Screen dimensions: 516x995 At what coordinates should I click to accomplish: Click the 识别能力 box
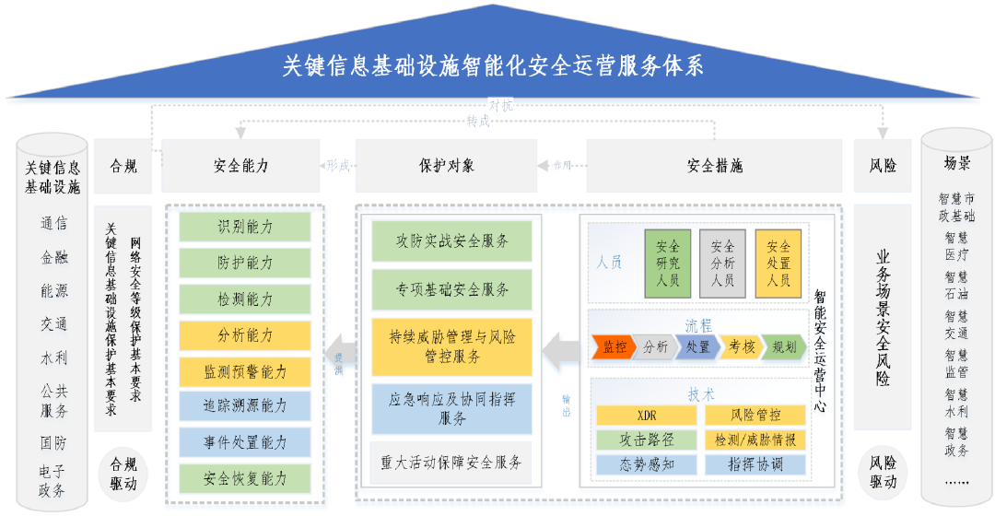245,227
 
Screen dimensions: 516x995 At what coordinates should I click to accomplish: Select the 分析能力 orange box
245,335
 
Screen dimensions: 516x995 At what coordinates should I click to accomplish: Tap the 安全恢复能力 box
245,479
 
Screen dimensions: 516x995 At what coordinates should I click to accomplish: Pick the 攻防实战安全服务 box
451,241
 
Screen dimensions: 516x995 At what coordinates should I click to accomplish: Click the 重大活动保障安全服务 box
451,461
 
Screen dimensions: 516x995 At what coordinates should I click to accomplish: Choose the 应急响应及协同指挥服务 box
451,409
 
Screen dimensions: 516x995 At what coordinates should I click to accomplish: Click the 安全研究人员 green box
668,264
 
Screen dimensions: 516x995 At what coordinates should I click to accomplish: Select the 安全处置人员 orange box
778,264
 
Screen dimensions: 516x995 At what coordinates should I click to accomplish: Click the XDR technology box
647,416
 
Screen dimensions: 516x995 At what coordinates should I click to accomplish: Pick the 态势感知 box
647,464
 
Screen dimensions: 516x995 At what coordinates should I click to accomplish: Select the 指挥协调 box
755,464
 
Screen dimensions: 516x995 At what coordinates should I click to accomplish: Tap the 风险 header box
883,167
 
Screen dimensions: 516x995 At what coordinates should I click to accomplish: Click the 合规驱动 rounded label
123,474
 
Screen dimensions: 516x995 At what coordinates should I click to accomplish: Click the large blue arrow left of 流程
561,351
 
